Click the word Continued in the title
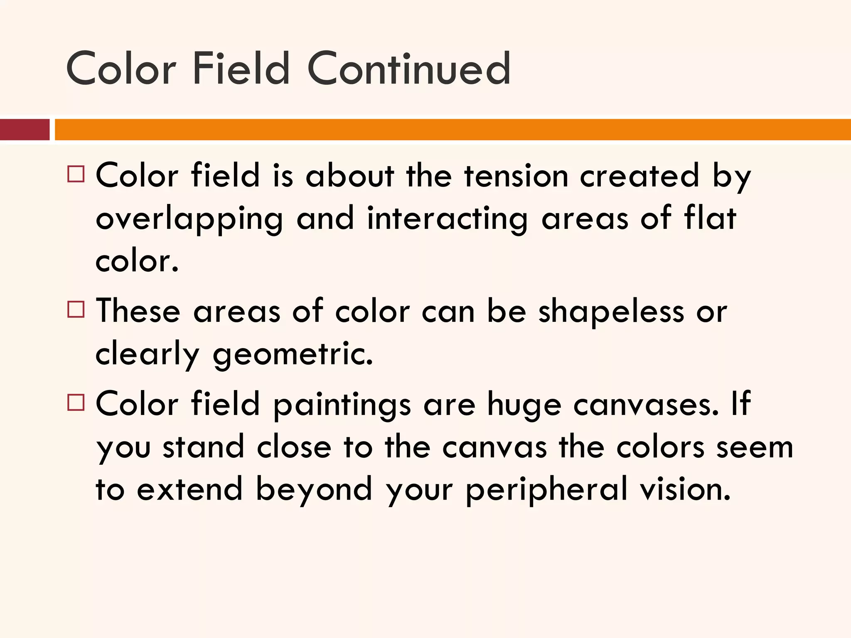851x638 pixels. tap(409, 69)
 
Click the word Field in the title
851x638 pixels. tap(241, 69)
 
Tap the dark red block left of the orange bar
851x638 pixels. tap(25, 130)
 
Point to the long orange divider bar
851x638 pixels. tap(453, 130)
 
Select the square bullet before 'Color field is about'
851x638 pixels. tap(76, 174)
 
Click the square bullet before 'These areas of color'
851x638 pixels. tap(76, 309)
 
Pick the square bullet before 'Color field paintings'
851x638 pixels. tap(76, 402)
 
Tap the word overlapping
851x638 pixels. tap(189, 219)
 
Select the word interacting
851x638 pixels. tap(447, 219)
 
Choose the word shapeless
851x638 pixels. tap(611, 312)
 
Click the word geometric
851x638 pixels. tap(293, 355)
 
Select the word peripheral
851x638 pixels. tap(546, 491)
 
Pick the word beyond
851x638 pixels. tap(314, 491)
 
